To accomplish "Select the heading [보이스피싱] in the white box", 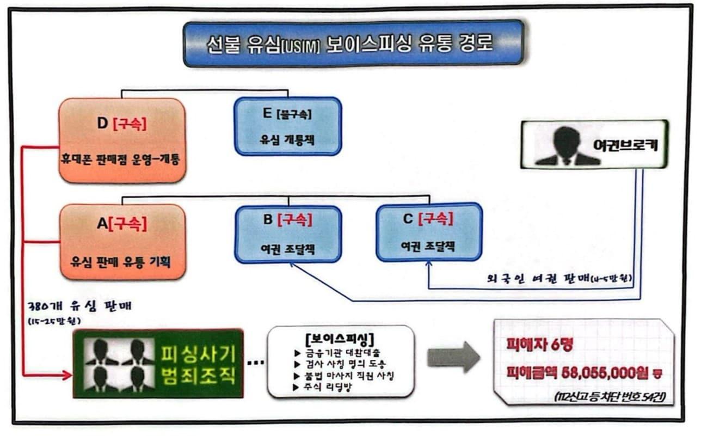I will [340, 336].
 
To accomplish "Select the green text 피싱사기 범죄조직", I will [198, 364].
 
